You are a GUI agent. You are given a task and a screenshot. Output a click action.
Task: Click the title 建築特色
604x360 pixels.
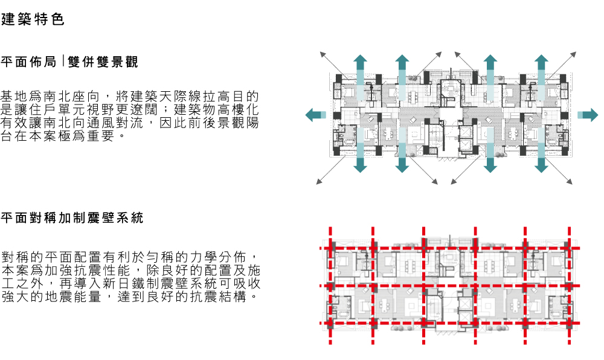(33, 20)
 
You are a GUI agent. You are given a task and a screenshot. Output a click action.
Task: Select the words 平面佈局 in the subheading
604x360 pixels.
(28, 62)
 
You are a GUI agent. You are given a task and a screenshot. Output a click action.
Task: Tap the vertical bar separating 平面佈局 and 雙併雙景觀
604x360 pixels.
(63, 61)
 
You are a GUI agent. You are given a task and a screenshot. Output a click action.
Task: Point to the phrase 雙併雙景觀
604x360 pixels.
(103, 62)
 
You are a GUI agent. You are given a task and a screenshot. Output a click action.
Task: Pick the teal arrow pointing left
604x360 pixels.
(315, 115)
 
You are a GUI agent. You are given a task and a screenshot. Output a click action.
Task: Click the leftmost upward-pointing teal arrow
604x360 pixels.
(360, 69)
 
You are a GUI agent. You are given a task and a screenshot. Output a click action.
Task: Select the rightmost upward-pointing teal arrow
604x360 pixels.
(541, 69)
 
